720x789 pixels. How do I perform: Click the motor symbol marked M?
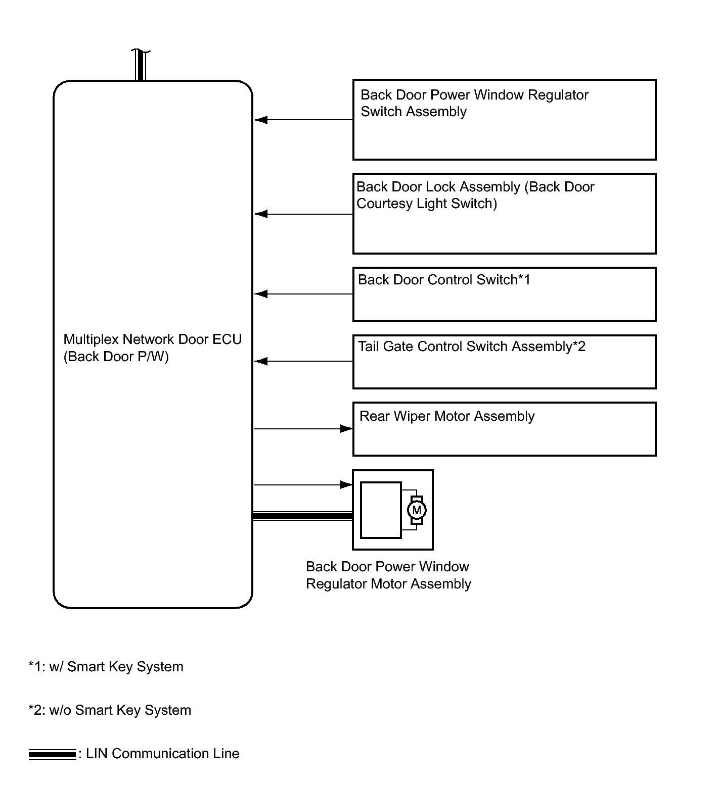(417, 510)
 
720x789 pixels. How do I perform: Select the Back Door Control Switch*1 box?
(504, 294)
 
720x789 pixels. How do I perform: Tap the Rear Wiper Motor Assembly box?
(504, 429)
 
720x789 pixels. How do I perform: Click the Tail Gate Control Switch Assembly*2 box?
(504, 362)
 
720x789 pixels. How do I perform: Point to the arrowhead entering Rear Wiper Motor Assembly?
(347, 429)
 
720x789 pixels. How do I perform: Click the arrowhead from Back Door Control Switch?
(260, 294)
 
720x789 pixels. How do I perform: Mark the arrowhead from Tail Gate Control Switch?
(260, 362)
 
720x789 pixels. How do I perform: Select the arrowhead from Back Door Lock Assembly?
(260, 214)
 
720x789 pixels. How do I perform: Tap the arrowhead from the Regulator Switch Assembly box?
(260, 120)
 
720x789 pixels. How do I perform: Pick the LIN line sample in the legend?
(52, 755)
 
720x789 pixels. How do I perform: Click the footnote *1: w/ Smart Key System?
(106, 667)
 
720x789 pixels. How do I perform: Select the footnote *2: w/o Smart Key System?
(110, 710)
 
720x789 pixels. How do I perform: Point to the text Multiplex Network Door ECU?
(153, 339)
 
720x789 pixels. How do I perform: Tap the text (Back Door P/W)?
(116, 357)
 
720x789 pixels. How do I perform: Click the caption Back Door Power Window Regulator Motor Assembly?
(388, 575)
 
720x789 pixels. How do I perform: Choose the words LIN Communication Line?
(163, 754)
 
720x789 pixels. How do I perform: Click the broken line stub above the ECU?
(141, 65)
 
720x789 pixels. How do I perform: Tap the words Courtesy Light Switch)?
(427, 204)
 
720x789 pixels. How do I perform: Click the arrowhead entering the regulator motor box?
(347, 485)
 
